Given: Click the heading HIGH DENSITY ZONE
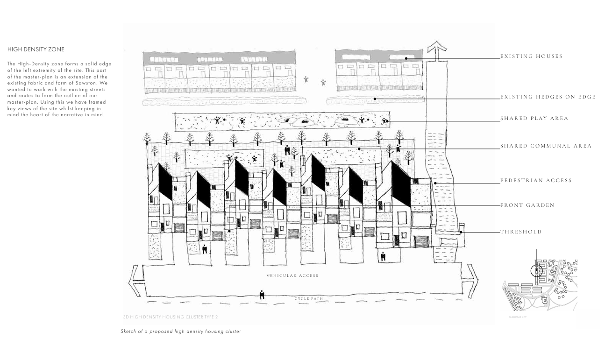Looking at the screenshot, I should pos(36,49).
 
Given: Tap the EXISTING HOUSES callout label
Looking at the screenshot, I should pos(531,56).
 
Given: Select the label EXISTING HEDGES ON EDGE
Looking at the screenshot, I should pos(548,97).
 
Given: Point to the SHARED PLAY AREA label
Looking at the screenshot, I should pos(534,119).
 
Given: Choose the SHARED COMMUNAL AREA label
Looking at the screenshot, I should pos(546,146).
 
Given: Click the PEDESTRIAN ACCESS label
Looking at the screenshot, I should pos(536,181).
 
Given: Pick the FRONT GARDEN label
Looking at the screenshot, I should pos(527,205).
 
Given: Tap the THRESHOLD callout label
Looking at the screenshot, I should pos(521,232).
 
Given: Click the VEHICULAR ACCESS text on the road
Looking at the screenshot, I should pos(292,276).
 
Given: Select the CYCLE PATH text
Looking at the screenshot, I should pos(308,299).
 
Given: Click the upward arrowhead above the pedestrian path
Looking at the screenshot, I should pos(437,47).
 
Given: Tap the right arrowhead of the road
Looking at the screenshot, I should pos(472,280).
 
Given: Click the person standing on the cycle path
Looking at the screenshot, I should pos(262,295).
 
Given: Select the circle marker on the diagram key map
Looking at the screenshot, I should pos(537,270).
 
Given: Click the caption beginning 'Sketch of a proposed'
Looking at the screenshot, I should pos(180,332).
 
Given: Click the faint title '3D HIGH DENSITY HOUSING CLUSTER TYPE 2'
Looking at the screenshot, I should pos(170,317).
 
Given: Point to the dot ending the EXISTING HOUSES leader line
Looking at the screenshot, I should pos(406,58).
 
